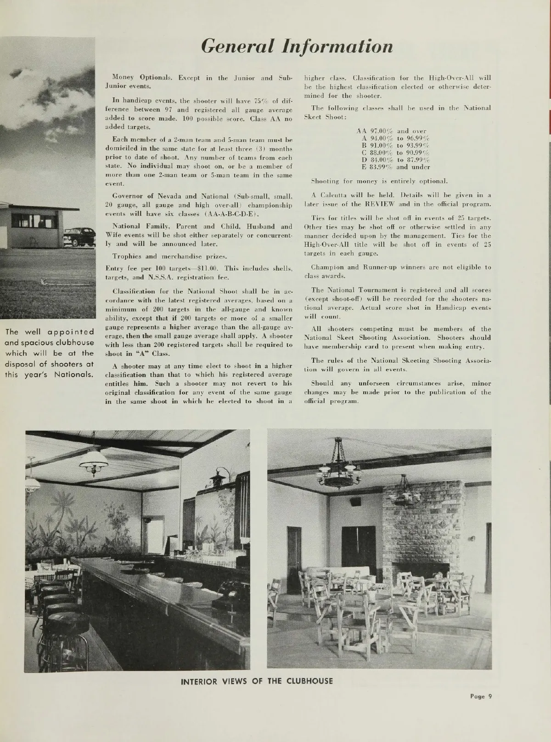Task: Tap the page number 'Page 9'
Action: [x=481, y=696]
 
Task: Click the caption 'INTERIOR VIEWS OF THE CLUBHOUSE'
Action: [x=257, y=681]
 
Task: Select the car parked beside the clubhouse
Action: [x=79, y=236]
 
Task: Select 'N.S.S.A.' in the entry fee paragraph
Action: [x=159, y=277]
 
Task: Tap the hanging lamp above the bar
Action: [x=93, y=460]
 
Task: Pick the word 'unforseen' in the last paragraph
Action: [x=365, y=383]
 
